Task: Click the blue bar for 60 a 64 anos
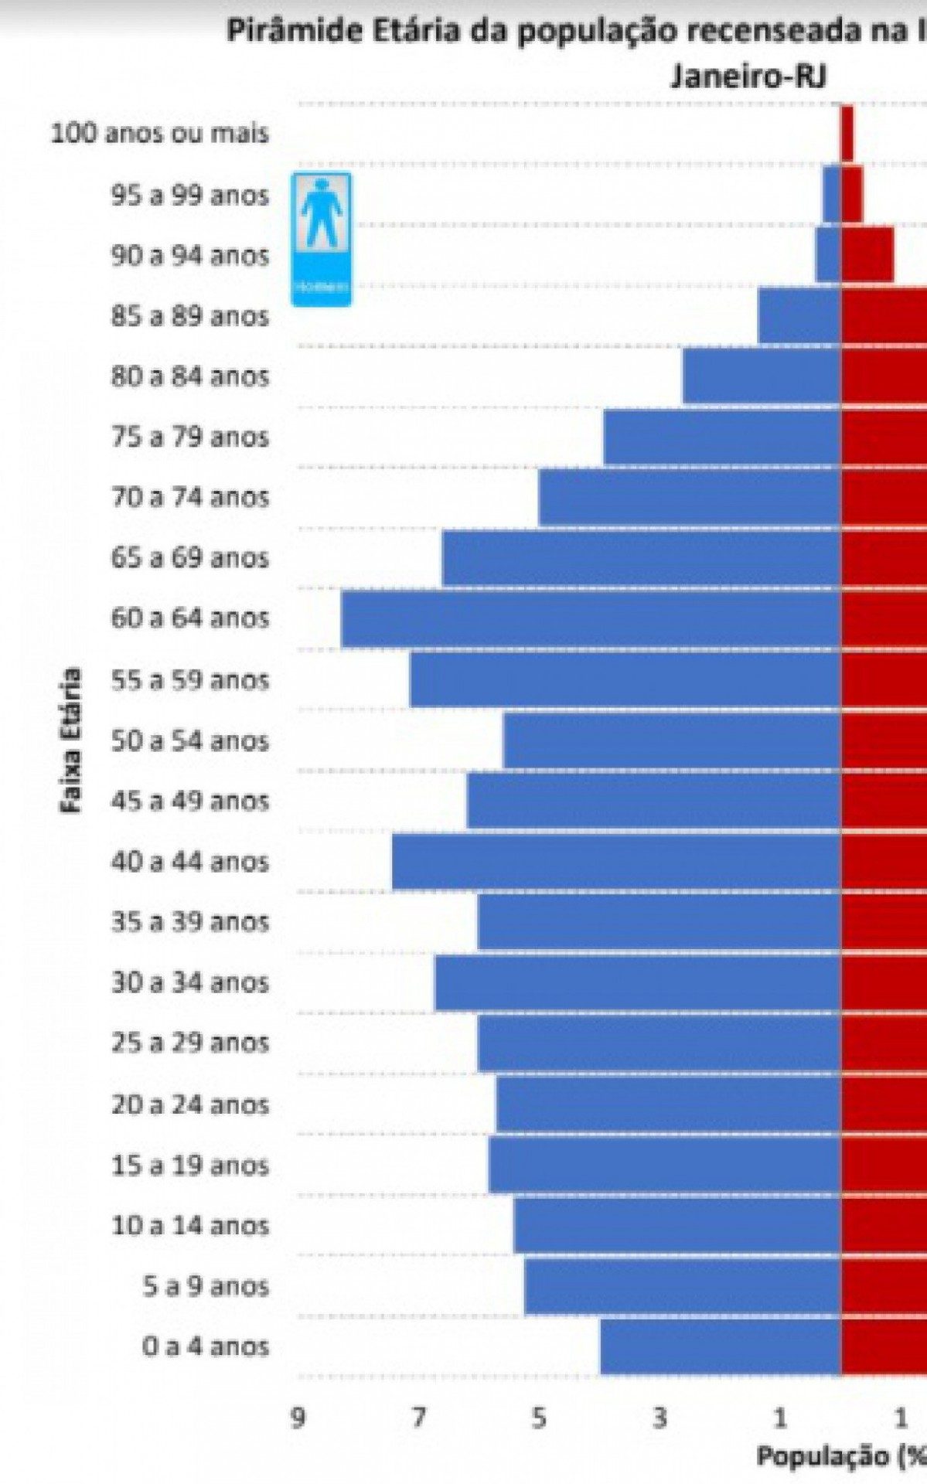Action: [x=591, y=618]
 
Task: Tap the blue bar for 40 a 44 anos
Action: [x=616, y=862]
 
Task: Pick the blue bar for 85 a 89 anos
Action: [x=799, y=315]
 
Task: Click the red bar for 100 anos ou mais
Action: [x=847, y=134]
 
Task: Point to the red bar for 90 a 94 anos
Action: [x=867, y=254]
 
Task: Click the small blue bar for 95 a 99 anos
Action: [x=832, y=194]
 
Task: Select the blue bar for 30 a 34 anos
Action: [x=638, y=983]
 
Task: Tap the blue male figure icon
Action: [x=321, y=239]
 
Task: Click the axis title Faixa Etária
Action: [x=71, y=740]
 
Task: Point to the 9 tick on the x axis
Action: [x=297, y=1418]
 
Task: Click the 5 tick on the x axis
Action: [x=539, y=1418]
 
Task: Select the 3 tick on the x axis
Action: [x=659, y=1418]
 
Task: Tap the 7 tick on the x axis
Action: [x=418, y=1418]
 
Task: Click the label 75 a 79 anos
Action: [x=189, y=437]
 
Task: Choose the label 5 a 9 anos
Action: [x=206, y=1286]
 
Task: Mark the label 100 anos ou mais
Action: [x=160, y=134]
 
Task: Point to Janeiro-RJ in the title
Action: [x=748, y=77]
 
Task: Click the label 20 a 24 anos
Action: [x=189, y=1104]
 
